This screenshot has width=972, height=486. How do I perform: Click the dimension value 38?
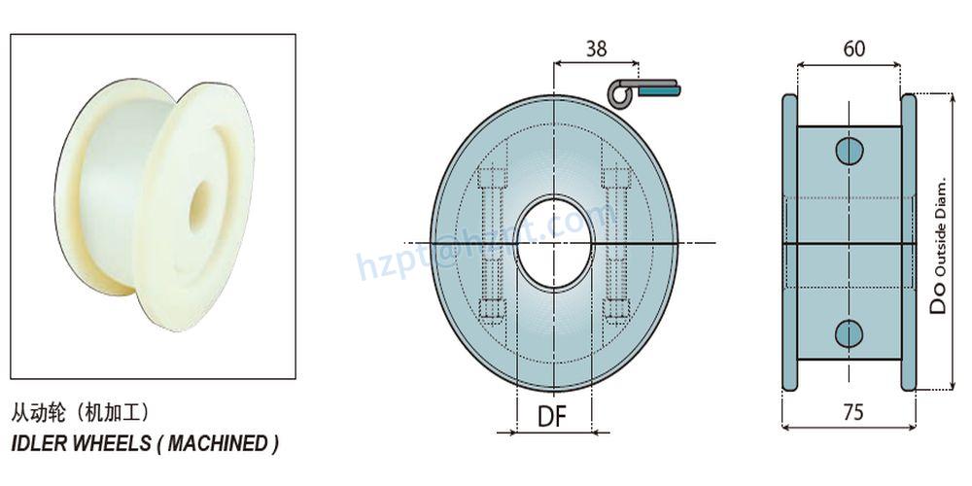point(599,48)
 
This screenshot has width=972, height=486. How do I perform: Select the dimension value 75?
point(852,412)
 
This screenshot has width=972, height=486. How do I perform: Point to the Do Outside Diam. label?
point(939,243)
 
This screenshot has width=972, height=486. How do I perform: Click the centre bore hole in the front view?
point(552,242)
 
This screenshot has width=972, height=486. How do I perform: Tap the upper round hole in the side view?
point(849,151)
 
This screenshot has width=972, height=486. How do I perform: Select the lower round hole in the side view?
point(849,332)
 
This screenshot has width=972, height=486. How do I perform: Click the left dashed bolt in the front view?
point(493,243)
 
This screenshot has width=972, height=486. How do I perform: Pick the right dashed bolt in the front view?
point(616,243)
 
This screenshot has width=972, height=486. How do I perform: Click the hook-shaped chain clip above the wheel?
point(642,90)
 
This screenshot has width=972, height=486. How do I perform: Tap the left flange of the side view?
point(789,243)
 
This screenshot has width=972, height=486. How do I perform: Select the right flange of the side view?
point(909,243)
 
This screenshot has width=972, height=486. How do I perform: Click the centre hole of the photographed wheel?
point(203,202)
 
